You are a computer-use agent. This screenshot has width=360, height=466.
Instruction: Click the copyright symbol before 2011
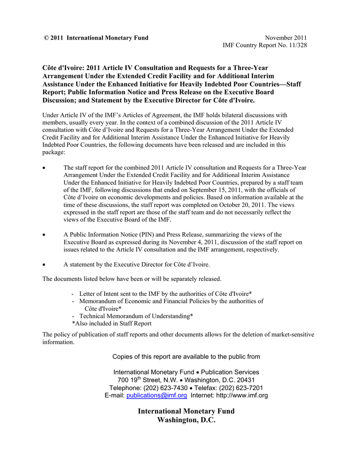point(46,38)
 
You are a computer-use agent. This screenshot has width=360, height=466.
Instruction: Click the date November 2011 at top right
point(286,38)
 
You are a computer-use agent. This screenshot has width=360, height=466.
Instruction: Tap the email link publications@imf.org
point(157,395)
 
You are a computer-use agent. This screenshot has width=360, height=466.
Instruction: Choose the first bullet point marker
point(44,168)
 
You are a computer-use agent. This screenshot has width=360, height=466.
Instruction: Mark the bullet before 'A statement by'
point(44,264)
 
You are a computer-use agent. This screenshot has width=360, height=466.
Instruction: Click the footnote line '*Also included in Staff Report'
point(112,324)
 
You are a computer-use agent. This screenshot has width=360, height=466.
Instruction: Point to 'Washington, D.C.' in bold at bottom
point(186,420)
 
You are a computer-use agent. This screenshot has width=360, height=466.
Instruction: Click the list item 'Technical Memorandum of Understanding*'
point(136,316)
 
